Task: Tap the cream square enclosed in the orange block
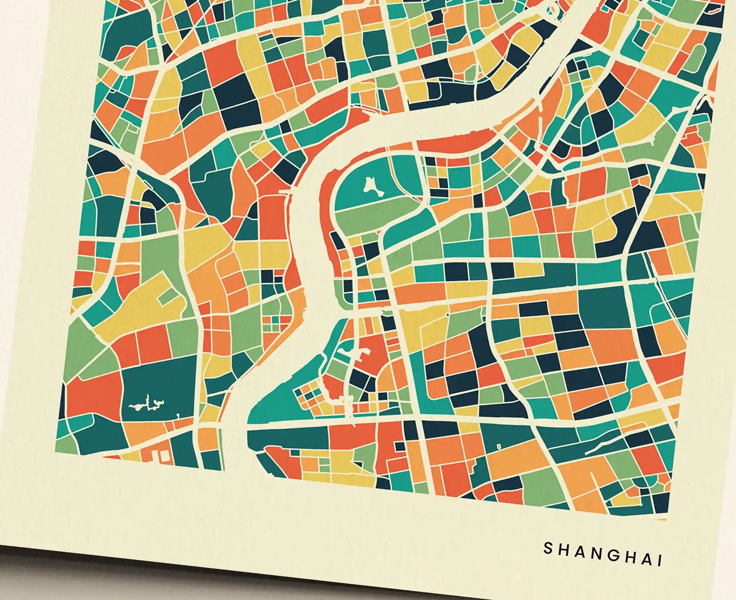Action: (165, 456)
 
